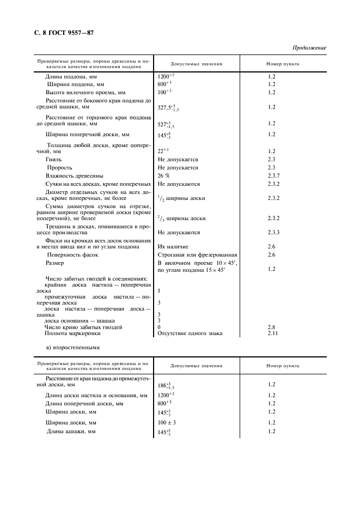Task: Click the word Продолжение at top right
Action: point(309,48)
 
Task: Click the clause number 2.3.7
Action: point(273,176)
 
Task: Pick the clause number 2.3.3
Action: point(273,233)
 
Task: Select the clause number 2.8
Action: point(272,327)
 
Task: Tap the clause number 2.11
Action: point(273,333)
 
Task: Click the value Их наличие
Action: point(173,247)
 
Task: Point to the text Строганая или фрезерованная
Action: point(197,255)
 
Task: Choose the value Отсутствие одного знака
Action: point(190,333)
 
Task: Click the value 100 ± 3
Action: point(168,423)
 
